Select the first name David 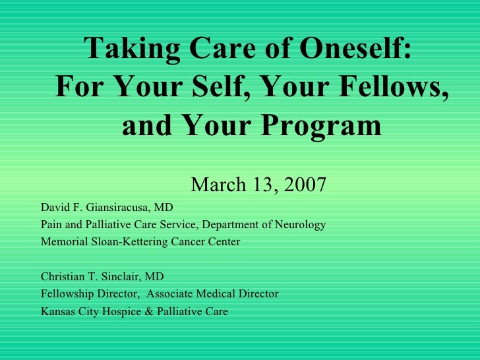55,208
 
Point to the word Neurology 302,225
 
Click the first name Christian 62,276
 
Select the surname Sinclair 120,276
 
